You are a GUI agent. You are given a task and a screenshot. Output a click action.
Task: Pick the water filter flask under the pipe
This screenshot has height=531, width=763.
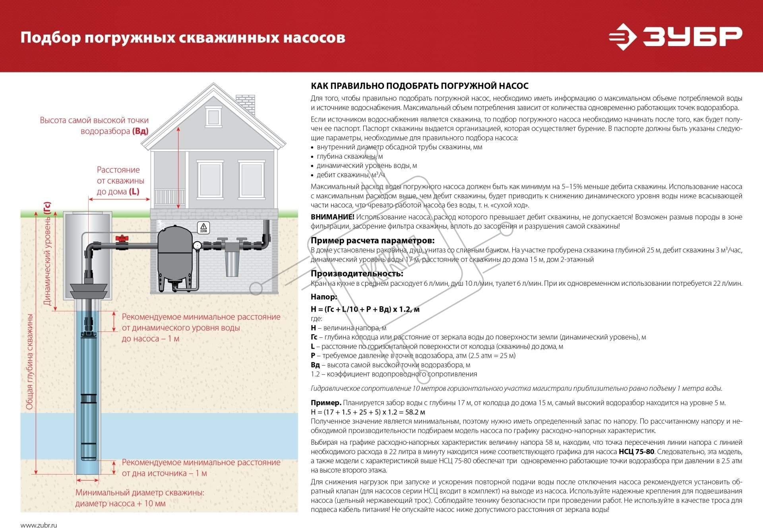point(231,264)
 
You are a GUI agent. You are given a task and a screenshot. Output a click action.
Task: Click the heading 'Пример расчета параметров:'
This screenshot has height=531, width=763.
point(372,240)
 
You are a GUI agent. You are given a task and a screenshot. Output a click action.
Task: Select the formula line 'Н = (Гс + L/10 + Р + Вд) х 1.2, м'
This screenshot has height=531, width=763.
point(365,309)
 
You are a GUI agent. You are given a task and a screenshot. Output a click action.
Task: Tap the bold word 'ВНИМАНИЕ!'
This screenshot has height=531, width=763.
point(332,217)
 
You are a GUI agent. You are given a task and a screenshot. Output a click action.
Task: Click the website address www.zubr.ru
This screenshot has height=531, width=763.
point(39,525)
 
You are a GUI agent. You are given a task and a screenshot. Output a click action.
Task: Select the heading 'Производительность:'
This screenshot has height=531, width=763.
point(357,273)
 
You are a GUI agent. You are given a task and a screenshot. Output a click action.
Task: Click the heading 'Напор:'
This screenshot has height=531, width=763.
point(324,297)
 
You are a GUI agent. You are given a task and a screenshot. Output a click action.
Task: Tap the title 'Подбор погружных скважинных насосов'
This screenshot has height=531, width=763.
point(183,38)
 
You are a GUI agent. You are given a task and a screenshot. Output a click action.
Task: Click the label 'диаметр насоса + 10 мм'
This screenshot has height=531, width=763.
point(120,504)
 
